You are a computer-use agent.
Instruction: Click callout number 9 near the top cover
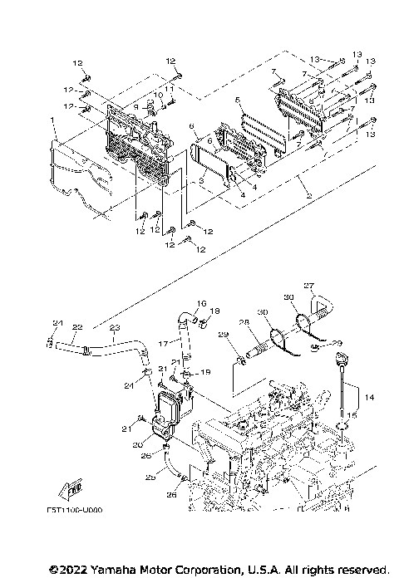coord(135,106)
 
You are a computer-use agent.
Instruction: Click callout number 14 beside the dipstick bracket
coord(369,398)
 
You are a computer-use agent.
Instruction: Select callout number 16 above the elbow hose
coord(201,303)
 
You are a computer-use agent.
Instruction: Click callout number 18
coord(215,311)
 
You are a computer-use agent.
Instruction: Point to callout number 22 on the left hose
coord(76,327)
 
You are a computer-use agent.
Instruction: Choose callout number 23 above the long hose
coord(115,327)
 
